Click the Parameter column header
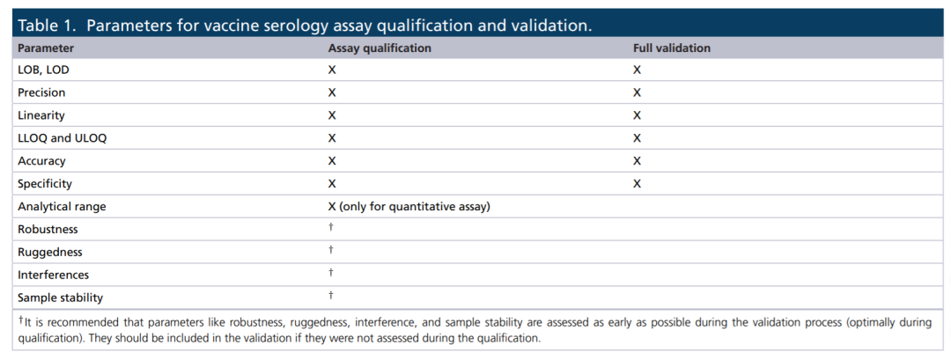[46, 48]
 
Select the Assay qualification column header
[380, 48]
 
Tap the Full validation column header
[671, 48]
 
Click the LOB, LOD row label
[44, 70]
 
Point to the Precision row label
[42, 92]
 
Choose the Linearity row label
[41, 115]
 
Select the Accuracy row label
[42, 161]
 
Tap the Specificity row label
[45, 184]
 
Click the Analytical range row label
[62, 207]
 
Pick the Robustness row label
[48, 230]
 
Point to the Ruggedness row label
[49, 252]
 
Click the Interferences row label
[54, 276]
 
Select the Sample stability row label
[60, 298]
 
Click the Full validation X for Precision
[637, 92]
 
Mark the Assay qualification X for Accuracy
[332, 161]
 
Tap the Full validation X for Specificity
[637, 184]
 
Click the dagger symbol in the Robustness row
[330, 227]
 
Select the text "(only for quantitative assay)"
[415, 207]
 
